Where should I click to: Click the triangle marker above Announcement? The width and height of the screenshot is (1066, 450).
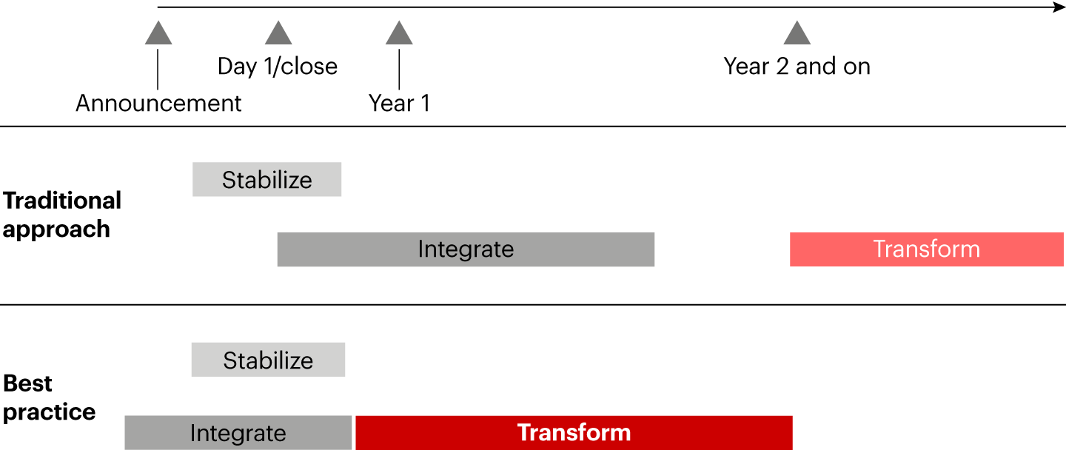click(x=158, y=33)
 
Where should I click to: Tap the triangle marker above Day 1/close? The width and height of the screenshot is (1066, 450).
click(x=278, y=33)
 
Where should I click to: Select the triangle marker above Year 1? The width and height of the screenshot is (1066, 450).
click(x=399, y=33)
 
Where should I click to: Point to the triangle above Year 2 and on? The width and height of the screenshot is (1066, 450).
click(x=797, y=33)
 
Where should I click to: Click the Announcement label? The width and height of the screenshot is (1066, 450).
click(x=158, y=103)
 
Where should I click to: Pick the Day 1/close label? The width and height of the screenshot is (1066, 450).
click(x=278, y=66)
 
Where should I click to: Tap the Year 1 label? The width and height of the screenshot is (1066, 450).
click(x=399, y=103)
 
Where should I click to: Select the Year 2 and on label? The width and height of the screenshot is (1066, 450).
click(x=797, y=66)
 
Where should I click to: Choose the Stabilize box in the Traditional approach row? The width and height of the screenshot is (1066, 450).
click(x=267, y=179)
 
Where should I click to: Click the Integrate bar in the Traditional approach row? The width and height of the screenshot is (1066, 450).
click(x=466, y=249)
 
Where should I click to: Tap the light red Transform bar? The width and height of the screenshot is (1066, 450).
click(x=927, y=249)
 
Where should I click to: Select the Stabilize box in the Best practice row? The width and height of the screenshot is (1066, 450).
click(x=269, y=360)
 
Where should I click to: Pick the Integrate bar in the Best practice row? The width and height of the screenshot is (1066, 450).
click(x=238, y=433)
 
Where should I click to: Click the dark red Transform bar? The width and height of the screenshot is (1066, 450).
click(x=574, y=433)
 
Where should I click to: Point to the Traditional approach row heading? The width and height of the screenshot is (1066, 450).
click(x=62, y=215)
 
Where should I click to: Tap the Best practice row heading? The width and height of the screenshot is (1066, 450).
click(x=49, y=397)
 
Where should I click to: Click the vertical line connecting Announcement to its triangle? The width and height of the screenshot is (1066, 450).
click(x=158, y=70)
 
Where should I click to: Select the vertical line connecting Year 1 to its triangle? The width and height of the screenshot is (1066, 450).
click(x=399, y=70)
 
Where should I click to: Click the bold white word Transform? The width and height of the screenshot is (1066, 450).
click(x=574, y=432)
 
